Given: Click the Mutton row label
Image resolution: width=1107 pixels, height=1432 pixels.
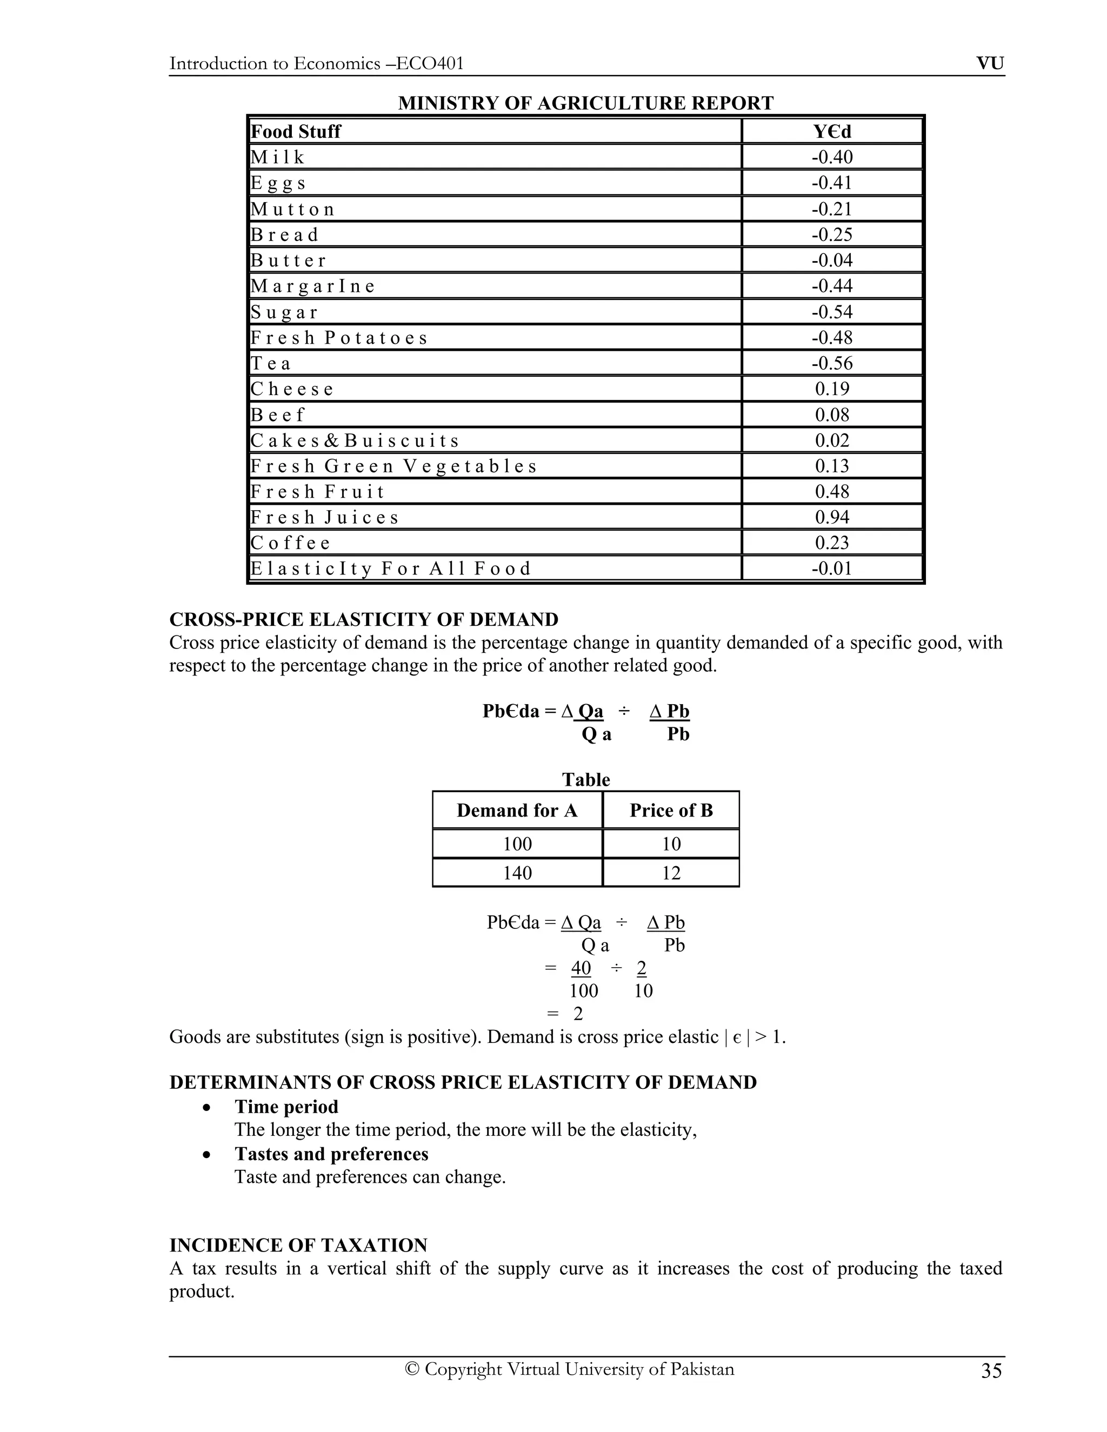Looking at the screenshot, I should [292, 209].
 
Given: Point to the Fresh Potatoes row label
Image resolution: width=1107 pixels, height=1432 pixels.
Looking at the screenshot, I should [338, 338].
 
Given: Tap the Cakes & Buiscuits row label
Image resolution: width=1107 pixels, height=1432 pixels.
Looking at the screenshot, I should [355, 440].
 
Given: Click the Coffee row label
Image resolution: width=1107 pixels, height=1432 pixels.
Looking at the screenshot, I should [290, 543].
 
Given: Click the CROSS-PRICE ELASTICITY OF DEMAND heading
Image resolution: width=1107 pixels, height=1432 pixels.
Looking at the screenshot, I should [364, 620].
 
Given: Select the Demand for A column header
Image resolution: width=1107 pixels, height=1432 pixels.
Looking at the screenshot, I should [517, 811].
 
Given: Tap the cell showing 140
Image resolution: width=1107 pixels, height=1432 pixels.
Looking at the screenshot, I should [517, 873].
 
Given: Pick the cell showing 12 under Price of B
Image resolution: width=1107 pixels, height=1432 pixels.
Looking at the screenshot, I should [671, 873].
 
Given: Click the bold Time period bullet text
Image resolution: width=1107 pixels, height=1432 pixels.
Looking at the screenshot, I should [286, 1107].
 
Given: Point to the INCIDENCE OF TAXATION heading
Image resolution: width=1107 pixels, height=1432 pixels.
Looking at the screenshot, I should [298, 1245].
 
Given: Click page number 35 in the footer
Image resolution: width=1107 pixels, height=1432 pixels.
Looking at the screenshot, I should [991, 1371].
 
